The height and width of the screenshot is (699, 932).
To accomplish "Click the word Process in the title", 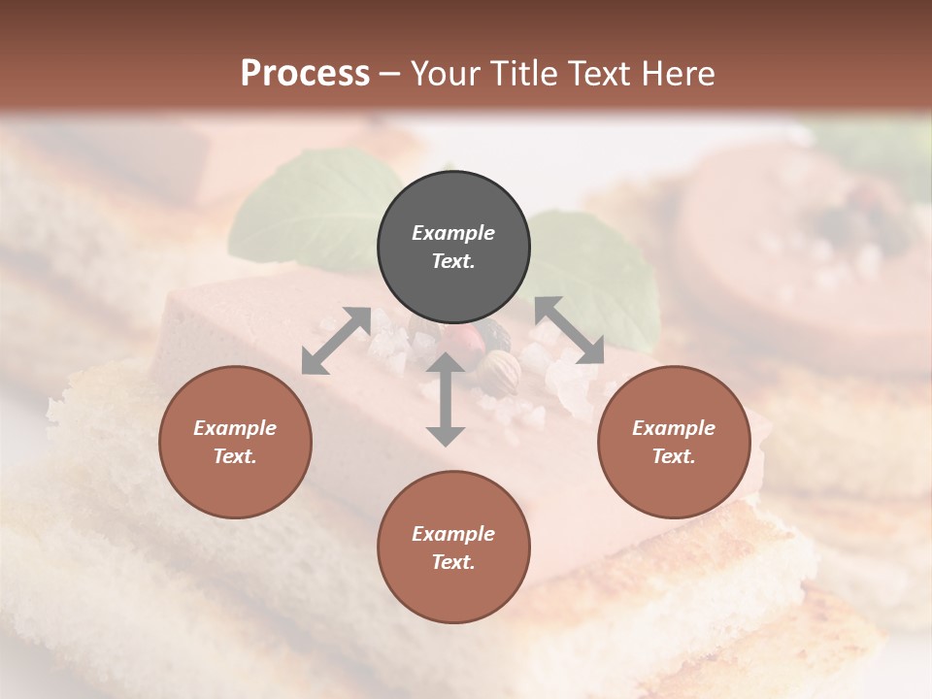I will (x=305, y=74).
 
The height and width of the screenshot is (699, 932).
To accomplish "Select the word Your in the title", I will (x=446, y=74).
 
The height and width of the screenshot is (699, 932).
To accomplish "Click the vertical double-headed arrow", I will (x=446, y=399).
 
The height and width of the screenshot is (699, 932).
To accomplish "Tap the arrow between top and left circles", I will (x=336, y=340).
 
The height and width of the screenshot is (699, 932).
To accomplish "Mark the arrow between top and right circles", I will (x=569, y=330).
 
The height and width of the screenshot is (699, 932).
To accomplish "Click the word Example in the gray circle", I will (x=453, y=233).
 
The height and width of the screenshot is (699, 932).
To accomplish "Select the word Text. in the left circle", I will (x=235, y=456).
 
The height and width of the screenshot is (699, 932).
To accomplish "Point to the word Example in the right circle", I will (x=674, y=428).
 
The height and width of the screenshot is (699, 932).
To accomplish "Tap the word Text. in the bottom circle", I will (x=453, y=562).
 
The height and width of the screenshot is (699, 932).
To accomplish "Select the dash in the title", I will (x=389, y=74).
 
